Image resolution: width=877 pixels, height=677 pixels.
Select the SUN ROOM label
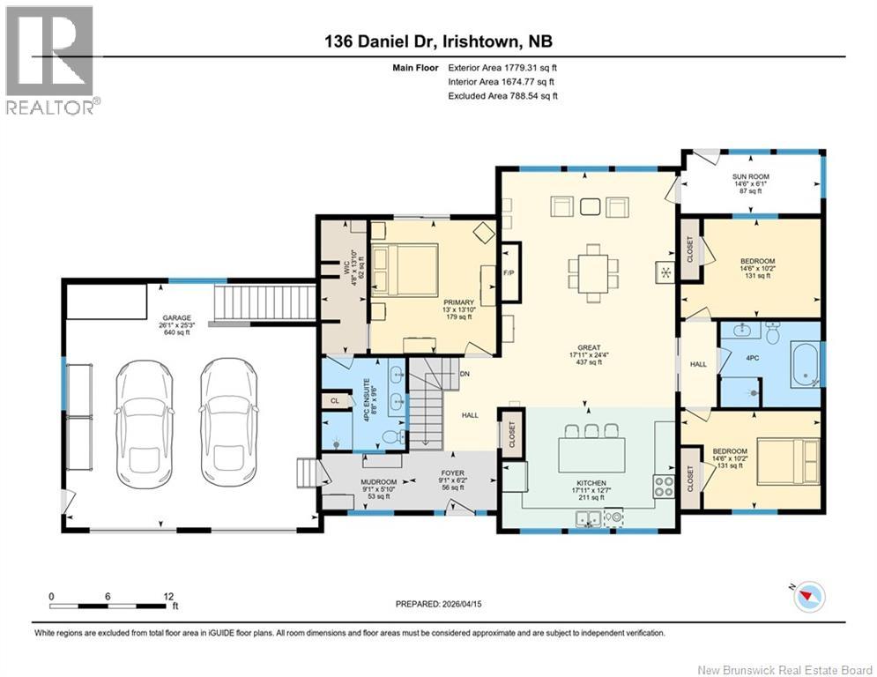751,177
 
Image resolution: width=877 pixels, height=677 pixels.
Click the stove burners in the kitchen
663,484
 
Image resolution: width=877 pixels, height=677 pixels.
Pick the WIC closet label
347,264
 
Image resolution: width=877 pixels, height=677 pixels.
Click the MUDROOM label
378,482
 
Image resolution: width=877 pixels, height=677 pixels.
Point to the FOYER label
453,473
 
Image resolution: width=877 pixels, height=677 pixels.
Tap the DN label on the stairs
462,374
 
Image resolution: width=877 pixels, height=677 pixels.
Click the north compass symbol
806,598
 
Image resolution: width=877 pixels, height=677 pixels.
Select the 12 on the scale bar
163,596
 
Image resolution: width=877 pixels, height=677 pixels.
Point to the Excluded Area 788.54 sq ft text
502,95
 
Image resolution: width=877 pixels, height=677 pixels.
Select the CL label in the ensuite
336,400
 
